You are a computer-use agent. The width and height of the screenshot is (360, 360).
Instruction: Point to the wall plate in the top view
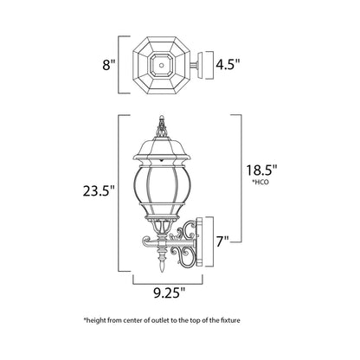204,62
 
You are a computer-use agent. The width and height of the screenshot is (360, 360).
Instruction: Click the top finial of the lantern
160,126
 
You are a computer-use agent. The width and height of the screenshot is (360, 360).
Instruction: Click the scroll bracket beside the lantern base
184,235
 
